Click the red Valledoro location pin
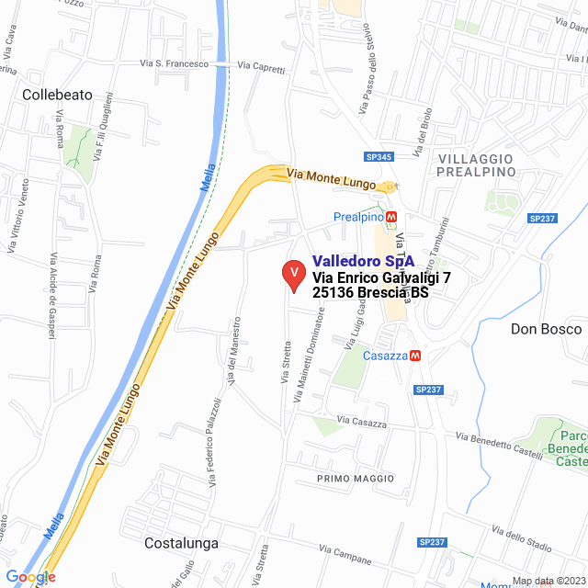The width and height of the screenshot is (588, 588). click(x=293, y=276)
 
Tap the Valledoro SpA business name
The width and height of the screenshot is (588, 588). click(x=363, y=261)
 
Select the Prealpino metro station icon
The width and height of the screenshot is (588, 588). click(x=392, y=217)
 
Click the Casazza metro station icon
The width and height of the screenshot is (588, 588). click(x=415, y=356)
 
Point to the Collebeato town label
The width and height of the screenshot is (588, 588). click(x=57, y=94)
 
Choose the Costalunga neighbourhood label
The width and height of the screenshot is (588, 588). click(x=182, y=543)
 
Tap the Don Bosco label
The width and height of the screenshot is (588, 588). click(x=548, y=328)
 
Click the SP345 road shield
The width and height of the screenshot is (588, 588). click(x=379, y=157)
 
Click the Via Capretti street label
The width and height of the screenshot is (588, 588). click(x=261, y=65)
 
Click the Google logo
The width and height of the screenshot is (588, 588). click(x=30, y=577)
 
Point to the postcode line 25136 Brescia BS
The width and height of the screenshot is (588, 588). click(x=370, y=293)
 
